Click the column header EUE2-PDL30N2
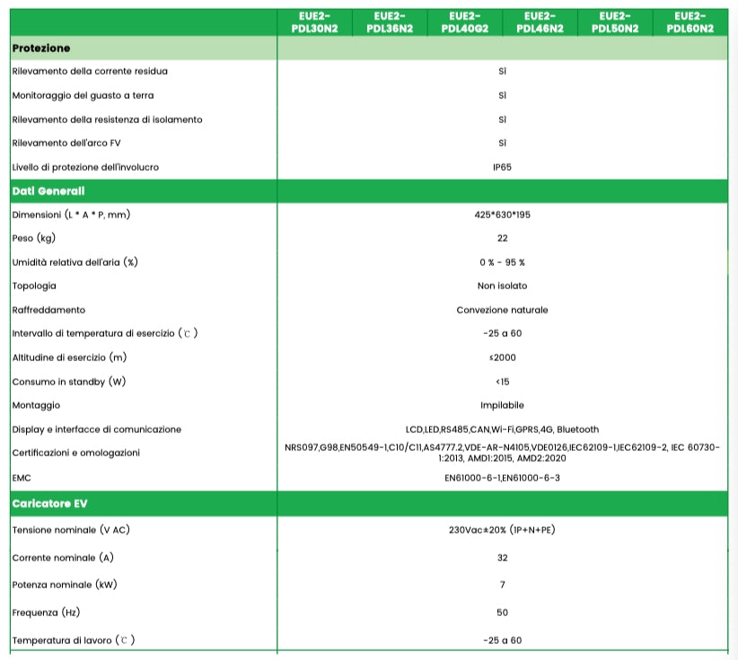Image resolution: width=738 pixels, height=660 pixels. [314, 22]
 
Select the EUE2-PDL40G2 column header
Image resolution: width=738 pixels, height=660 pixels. [464, 22]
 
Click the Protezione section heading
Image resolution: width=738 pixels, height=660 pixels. [41, 48]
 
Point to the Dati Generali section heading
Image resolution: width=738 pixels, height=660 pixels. [48, 190]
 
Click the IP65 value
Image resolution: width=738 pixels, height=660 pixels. [502, 167]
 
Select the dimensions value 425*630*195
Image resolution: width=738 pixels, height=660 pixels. [502, 215]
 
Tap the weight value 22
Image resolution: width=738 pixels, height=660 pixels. [502, 238]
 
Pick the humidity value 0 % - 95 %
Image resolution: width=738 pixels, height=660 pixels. [502, 262]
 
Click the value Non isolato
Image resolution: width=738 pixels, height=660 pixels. [502, 286]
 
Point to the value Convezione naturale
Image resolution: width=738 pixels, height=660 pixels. [502, 310]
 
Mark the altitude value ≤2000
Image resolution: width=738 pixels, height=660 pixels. [502, 357]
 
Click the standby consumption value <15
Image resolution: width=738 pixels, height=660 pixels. [502, 382]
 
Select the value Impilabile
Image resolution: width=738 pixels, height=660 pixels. [502, 405]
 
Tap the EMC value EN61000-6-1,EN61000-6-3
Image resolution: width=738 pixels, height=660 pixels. [502, 477]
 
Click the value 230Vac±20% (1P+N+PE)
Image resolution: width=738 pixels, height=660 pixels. [502, 529]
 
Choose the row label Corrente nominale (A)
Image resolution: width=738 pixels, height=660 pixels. [63, 558]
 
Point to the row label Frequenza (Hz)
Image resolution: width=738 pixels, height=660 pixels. [47, 612]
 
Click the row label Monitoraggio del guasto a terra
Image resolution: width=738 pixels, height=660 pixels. [89, 95]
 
